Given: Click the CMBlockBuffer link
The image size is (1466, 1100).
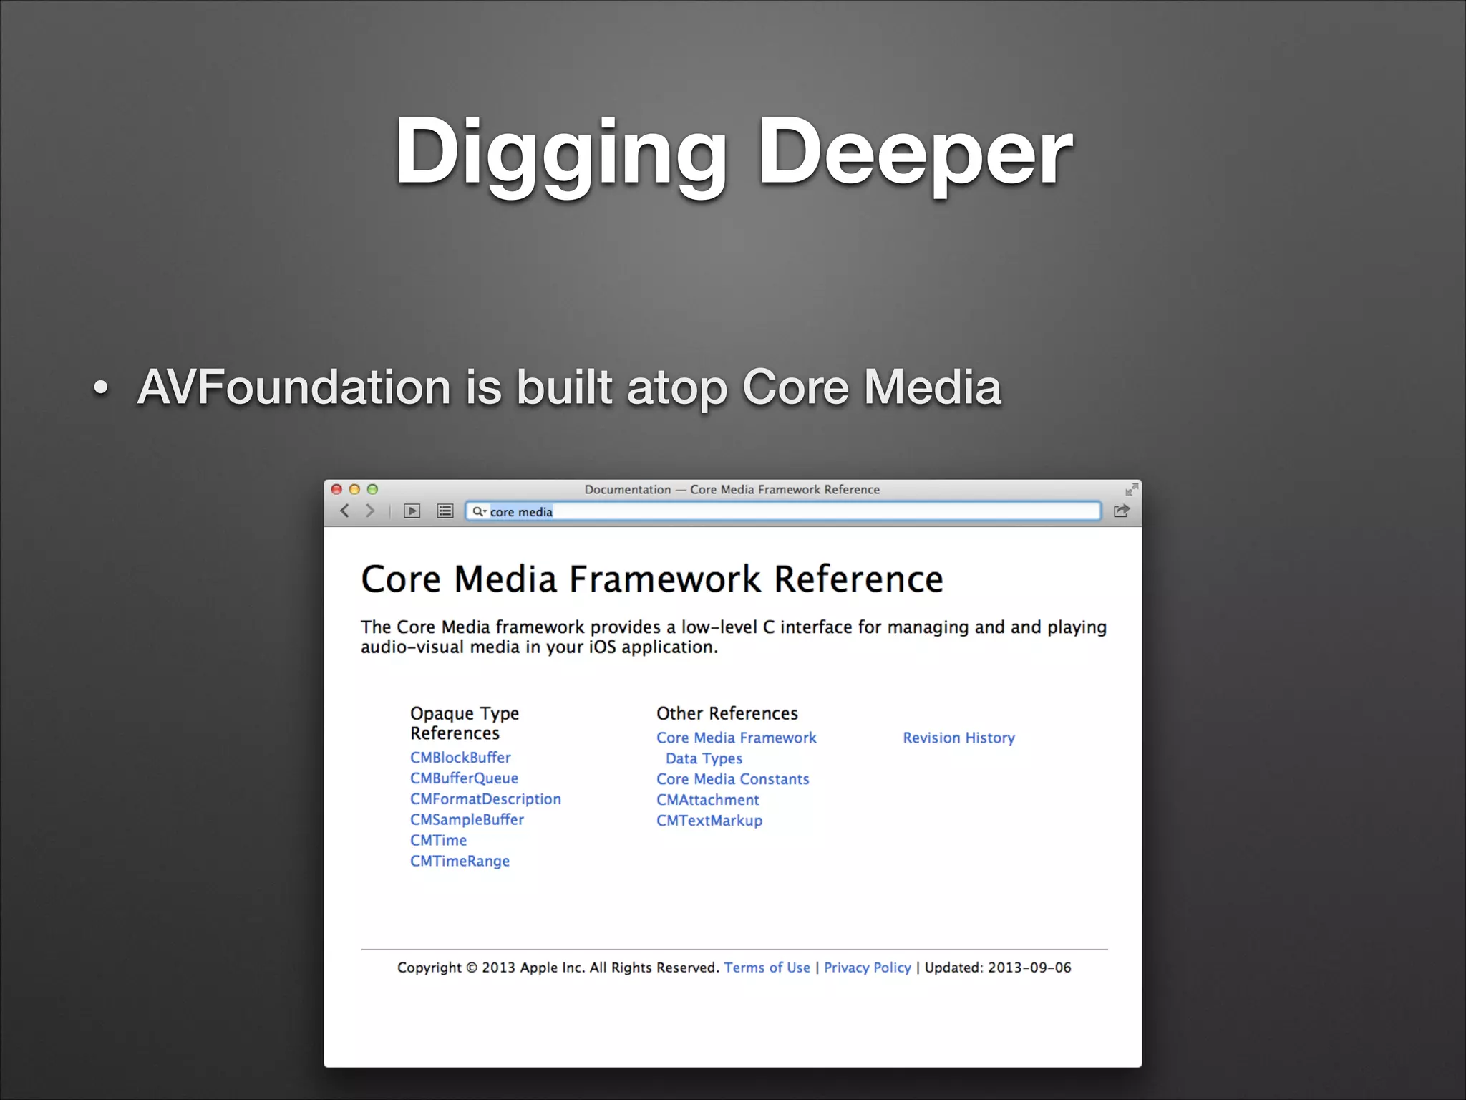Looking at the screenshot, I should (x=460, y=758).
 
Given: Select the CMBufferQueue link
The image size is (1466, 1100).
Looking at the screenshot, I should (x=464, y=778).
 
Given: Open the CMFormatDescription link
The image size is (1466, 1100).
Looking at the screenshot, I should (x=485, y=799).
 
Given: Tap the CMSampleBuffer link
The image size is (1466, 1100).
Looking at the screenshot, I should (x=467, y=820).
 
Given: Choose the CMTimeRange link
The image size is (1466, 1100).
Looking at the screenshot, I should (x=460, y=862).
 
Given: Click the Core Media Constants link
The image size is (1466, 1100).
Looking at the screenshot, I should (x=732, y=779).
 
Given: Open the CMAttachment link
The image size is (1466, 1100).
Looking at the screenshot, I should (x=707, y=800).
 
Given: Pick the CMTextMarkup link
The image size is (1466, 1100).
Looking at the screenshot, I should (x=709, y=821).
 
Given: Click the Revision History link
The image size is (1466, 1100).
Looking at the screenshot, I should (x=958, y=738).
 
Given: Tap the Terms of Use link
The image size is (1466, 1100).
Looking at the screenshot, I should (x=767, y=968).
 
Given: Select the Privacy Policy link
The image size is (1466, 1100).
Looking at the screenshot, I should (x=867, y=968).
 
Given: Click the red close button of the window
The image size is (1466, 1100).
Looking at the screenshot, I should (x=336, y=489).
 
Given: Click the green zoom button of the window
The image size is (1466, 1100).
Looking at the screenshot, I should (x=372, y=489).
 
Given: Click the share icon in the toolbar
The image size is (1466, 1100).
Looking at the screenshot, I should (x=1121, y=511).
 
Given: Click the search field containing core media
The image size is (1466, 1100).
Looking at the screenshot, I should (x=787, y=511).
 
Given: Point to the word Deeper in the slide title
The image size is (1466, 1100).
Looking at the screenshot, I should (x=915, y=152).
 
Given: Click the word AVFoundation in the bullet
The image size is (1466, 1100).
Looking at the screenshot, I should (x=293, y=387).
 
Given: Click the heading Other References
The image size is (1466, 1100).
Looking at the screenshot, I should (x=727, y=713).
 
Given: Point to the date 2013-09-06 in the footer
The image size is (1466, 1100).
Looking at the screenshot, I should (x=1029, y=968).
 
